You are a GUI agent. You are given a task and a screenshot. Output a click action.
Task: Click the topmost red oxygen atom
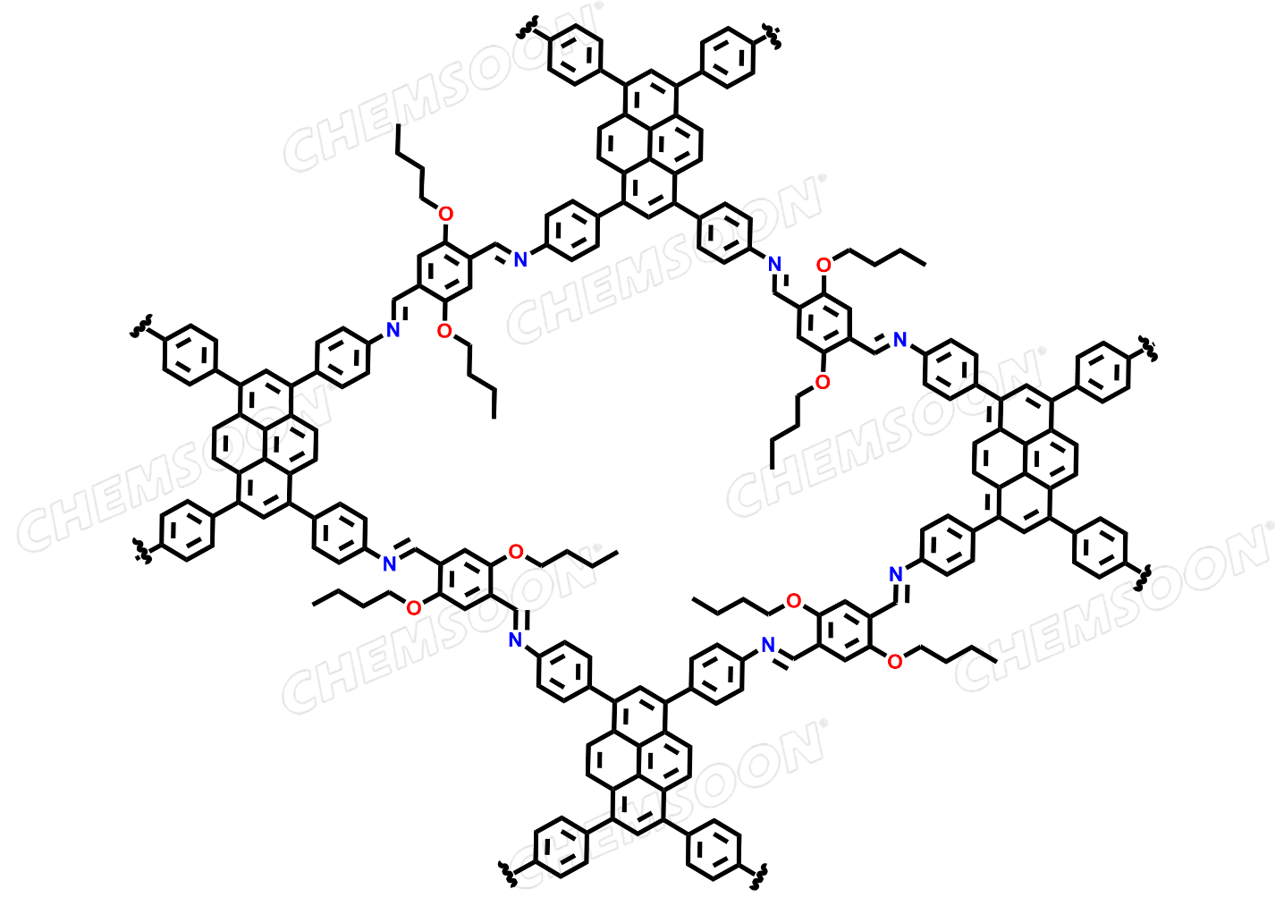tap(445, 214)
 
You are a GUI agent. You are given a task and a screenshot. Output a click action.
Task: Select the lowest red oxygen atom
tap(894, 662)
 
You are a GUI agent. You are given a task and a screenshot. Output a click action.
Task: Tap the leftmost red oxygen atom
tap(413, 608)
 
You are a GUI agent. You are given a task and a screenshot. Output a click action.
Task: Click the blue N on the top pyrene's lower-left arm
tap(520, 259)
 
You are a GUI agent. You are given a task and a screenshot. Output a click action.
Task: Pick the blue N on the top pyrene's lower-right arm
tap(774, 265)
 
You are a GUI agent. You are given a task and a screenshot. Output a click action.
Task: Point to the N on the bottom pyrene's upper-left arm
tap(515, 640)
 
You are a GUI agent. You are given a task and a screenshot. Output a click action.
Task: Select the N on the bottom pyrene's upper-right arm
tap(768, 645)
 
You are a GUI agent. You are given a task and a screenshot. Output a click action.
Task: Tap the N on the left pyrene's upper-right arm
tap(393, 330)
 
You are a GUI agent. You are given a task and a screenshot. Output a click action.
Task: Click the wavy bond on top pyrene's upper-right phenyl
tap(772, 36)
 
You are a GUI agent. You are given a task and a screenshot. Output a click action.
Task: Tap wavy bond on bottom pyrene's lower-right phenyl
tap(758, 876)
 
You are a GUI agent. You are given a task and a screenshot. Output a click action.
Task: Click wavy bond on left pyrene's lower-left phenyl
tap(142, 550)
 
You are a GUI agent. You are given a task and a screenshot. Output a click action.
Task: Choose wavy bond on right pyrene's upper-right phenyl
tap(1147, 349)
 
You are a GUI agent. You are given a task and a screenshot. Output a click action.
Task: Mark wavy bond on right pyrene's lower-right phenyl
tap(1145, 577)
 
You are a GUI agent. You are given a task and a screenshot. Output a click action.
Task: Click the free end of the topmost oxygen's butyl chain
tap(398, 124)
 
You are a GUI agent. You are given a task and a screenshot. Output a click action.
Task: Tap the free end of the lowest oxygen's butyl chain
tap(996, 662)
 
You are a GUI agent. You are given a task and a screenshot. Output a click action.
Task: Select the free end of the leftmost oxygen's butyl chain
tap(312, 604)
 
